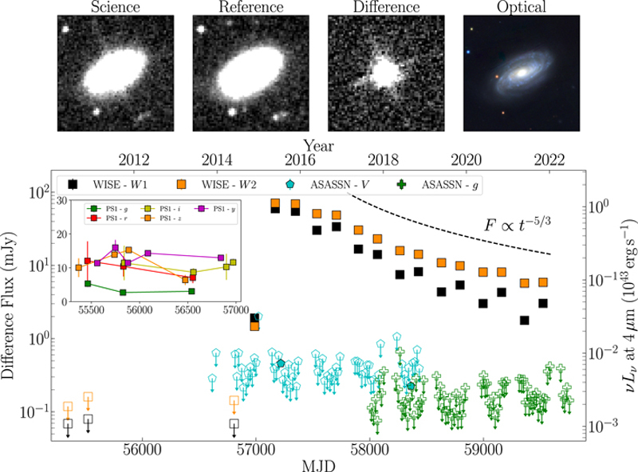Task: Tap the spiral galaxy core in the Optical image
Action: coord(519,72)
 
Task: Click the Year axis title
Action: coord(318,146)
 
